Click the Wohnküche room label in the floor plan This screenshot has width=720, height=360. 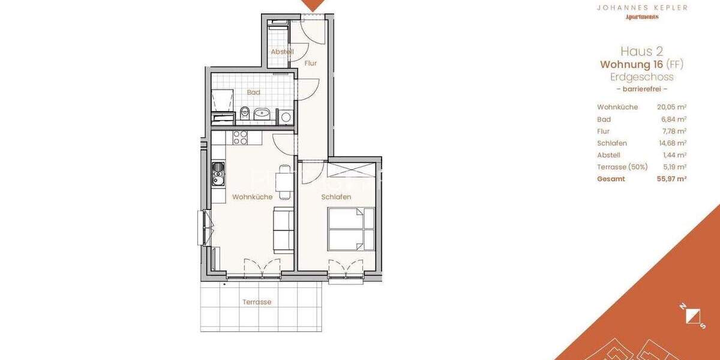(252, 197)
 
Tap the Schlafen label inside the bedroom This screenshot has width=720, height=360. (336, 197)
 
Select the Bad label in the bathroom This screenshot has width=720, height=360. (253, 92)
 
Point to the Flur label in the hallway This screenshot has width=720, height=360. (310, 63)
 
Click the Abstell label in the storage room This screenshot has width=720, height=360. (282, 52)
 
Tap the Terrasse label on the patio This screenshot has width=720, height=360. (256, 302)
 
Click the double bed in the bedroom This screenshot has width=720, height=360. (351, 229)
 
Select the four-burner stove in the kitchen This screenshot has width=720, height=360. (241, 137)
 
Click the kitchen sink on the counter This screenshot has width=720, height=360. (218, 173)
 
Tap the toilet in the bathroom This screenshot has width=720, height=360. (244, 113)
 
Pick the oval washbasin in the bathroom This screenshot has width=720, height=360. (262, 113)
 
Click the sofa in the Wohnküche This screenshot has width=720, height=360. (283, 230)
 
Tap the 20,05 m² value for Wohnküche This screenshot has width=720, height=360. (671, 107)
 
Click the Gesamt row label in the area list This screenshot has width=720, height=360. (611, 179)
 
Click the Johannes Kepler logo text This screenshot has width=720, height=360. (641, 8)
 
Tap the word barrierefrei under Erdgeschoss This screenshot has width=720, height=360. (641, 89)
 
